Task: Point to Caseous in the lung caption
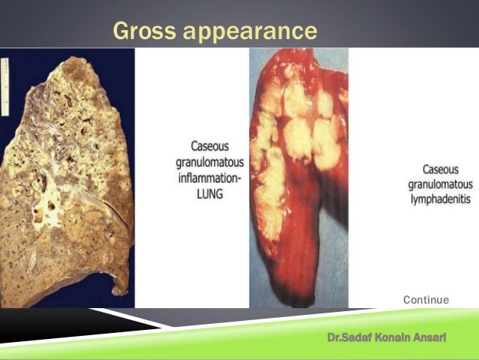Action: (201, 147)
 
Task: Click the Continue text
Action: (426, 300)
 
